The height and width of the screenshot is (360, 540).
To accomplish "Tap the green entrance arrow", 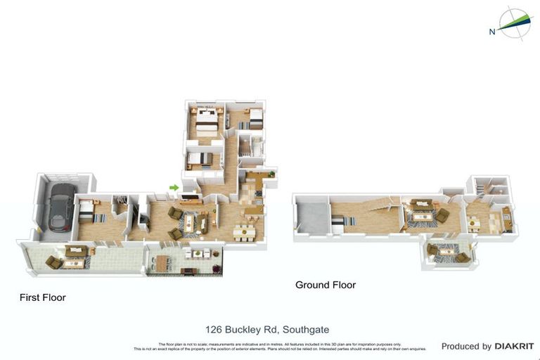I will coord(174,187).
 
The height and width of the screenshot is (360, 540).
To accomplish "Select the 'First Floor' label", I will coord(43,297).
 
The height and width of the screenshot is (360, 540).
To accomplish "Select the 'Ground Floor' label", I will coord(326,285).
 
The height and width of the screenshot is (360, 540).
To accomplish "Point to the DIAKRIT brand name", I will coord(514,346).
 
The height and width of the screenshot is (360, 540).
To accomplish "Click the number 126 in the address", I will coord(214,329).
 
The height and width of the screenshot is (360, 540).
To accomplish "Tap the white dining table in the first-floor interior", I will coord(243,230).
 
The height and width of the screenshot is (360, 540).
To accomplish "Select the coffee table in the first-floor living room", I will coord(189,222).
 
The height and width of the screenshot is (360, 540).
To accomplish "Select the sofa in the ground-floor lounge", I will coord(423,205).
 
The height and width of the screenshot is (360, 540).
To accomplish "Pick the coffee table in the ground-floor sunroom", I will coord(447,251).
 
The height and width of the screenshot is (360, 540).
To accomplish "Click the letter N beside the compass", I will coord(491,31).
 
